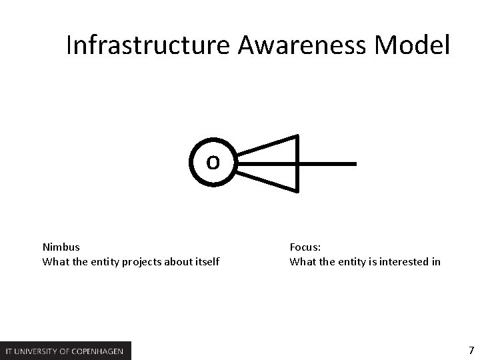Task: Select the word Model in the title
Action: [x=413, y=46]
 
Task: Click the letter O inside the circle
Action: [x=213, y=162]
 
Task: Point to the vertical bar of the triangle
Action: [x=298, y=163]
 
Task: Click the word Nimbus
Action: [x=61, y=247]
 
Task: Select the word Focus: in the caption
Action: [x=306, y=247]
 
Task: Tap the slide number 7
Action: [x=471, y=350]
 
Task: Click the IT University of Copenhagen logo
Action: [x=66, y=351]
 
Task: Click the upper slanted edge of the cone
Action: [x=267, y=146]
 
